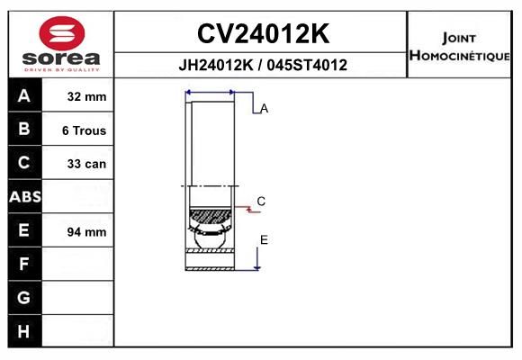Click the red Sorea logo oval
tap(62, 33)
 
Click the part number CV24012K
tap(264, 33)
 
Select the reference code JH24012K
tap(216, 65)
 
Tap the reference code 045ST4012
tap(307, 65)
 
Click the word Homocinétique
tap(460, 56)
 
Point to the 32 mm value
tap(87, 96)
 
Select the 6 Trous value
tap(85, 130)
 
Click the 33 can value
tap(87, 164)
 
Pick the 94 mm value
tap(87, 232)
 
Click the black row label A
tap(24, 96)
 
